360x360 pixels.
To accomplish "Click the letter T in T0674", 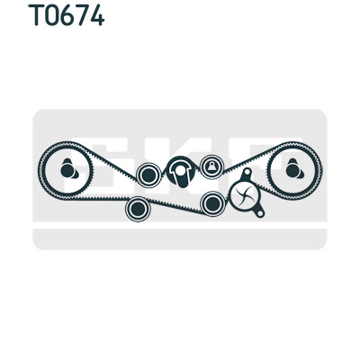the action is (37, 15).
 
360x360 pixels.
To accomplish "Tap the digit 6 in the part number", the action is (67, 15).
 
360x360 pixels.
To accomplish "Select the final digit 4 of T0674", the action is (96, 15).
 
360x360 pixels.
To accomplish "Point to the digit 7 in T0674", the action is (81, 15).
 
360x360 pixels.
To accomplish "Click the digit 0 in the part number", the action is (52, 15).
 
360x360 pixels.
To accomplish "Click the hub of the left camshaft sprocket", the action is (69, 169).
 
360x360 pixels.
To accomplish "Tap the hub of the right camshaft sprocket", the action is (294, 169).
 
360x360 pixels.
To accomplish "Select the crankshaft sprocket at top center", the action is (180, 171).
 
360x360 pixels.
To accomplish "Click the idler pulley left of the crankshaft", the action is (148, 175).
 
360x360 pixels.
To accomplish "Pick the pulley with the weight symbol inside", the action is (211, 166).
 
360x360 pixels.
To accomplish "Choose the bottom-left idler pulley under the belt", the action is (138, 209).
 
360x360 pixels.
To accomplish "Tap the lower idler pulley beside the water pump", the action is (212, 203).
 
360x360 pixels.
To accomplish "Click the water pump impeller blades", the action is (244, 195).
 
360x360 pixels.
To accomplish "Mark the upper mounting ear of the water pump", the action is (247, 173).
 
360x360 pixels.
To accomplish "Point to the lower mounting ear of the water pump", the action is (260, 213).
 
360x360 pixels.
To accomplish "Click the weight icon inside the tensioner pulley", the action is (211, 166).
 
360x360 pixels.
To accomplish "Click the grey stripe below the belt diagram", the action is (180, 239).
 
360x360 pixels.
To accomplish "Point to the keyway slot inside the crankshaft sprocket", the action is (180, 174).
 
